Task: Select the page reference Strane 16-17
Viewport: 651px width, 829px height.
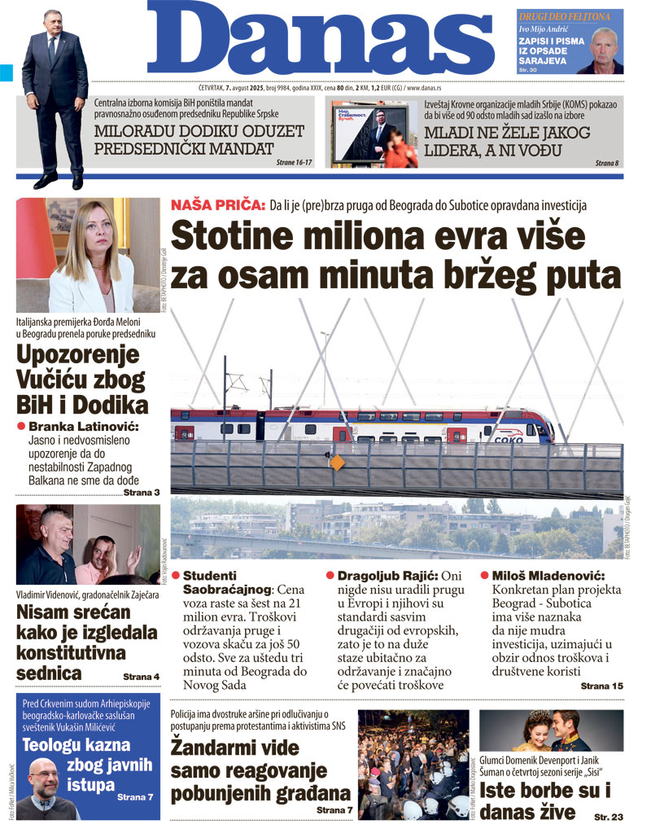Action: (x=294, y=163)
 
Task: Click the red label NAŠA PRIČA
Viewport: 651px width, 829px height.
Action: (x=217, y=206)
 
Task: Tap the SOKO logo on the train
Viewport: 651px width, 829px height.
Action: (x=509, y=439)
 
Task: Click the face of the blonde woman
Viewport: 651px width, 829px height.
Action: (x=95, y=231)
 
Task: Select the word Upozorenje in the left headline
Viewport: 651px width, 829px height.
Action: (x=78, y=355)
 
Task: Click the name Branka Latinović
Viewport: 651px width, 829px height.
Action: (x=84, y=427)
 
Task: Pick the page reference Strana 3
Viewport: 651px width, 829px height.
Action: (x=141, y=493)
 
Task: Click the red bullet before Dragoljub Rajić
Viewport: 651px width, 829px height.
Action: (x=330, y=574)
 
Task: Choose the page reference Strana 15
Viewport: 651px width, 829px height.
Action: (x=601, y=686)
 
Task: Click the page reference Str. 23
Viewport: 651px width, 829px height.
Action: (x=609, y=815)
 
